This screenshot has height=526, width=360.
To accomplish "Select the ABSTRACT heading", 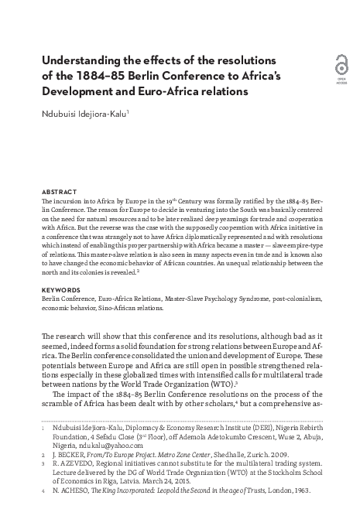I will pyautogui.click(x=59, y=190).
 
